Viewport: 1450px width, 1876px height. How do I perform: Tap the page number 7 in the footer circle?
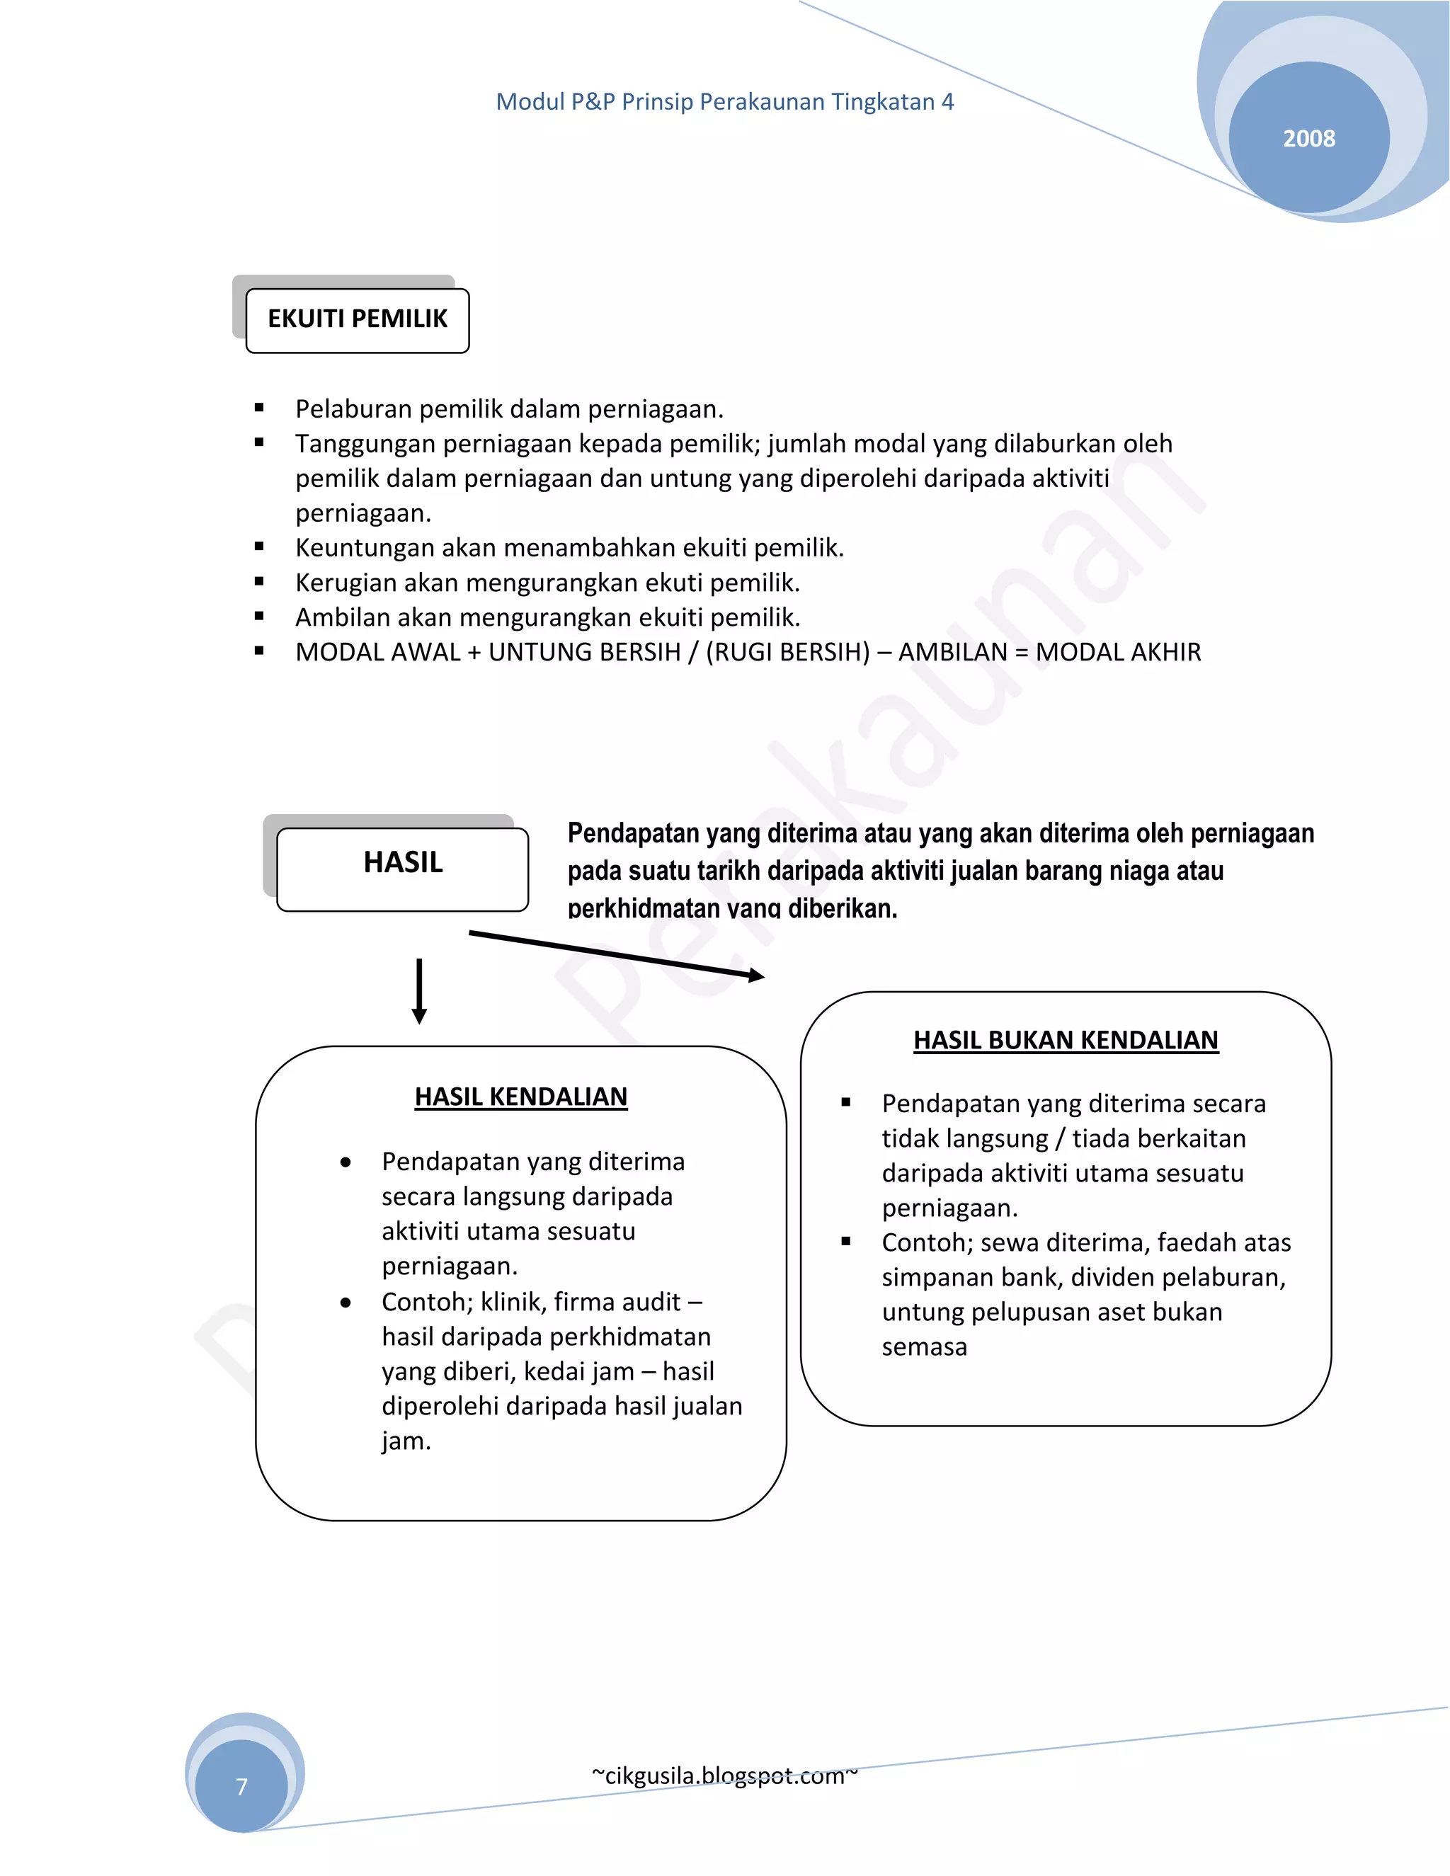coord(241,1787)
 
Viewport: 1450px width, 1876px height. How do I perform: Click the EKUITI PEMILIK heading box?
coord(358,319)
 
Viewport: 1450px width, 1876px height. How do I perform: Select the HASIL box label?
coord(403,862)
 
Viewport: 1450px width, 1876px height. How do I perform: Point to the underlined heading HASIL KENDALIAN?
coord(520,1097)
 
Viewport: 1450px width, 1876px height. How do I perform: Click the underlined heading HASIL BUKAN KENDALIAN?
coord(1065,1040)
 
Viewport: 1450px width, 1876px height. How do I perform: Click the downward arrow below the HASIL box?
coord(419,992)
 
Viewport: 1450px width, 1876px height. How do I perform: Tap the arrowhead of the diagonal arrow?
coord(756,975)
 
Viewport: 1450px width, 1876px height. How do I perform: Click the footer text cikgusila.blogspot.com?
coord(724,1775)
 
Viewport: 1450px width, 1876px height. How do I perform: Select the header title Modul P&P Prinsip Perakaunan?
coord(724,102)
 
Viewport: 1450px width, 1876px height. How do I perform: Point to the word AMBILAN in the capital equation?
coord(952,652)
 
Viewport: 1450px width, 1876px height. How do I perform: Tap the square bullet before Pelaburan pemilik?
coord(259,409)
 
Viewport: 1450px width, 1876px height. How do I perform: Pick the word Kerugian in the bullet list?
coord(346,583)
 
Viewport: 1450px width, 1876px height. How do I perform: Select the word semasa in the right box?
coord(923,1347)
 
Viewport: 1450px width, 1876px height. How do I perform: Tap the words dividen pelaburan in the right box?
coord(1177,1277)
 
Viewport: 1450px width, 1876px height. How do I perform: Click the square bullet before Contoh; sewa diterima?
coord(846,1242)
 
